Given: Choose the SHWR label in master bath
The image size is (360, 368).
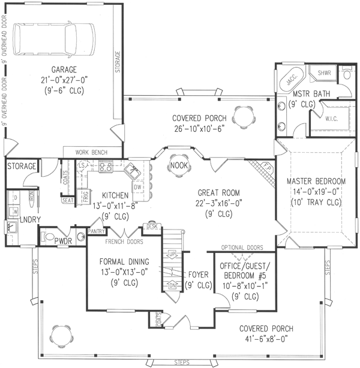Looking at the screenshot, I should [x=324, y=73].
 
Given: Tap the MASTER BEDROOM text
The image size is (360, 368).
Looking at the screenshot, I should [x=316, y=181].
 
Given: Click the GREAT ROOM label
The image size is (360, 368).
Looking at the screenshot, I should [x=219, y=192].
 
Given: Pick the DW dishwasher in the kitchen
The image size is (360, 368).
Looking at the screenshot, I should [x=137, y=187].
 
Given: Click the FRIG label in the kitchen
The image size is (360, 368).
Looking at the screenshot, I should [x=85, y=194].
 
